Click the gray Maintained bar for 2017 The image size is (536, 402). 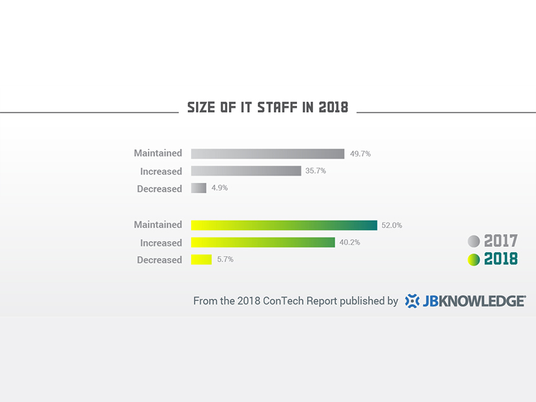pyautogui.click(x=267, y=154)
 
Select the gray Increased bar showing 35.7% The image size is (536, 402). pyautogui.click(x=246, y=171)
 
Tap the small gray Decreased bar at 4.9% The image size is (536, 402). pyautogui.click(x=199, y=188)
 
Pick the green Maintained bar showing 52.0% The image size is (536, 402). pyautogui.click(x=284, y=225)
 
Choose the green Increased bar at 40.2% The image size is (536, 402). pyautogui.click(x=263, y=242)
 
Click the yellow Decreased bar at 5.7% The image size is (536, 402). pyautogui.click(x=201, y=260)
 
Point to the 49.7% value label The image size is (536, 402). pyautogui.click(x=360, y=154)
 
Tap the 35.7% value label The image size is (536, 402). pyautogui.click(x=316, y=171)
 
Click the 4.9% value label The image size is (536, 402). pyautogui.click(x=220, y=188)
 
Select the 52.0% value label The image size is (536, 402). pyautogui.click(x=392, y=226)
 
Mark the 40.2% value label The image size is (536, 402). pyautogui.click(x=350, y=242)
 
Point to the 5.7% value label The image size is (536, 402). pyautogui.click(x=225, y=259)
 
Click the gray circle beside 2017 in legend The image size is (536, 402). pyautogui.click(x=474, y=241)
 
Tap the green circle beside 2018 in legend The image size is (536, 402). pyautogui.click(x=474, y=259)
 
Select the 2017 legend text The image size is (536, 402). pyautogui.click(x=501, y=241)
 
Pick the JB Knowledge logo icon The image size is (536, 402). pyautogui.click(x=412, y=301)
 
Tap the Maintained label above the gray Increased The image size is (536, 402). pyautogui.click(x=158, y=153)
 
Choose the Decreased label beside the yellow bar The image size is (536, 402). pyautogui.click(x=160, y=260)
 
